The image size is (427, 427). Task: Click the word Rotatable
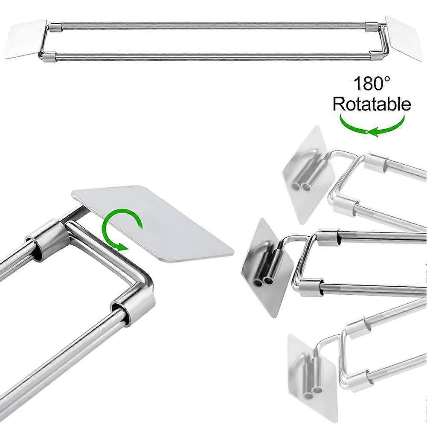[372, 104]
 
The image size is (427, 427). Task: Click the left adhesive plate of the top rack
[26, 39]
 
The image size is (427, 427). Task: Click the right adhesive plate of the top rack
[404, 38]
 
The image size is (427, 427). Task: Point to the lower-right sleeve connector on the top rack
[377, 55]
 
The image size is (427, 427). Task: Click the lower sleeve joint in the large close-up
[133, 305]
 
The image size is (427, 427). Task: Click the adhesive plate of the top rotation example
[308, 175]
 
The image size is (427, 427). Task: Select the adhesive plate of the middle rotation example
[267, 268]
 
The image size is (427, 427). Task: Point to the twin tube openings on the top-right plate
[300, 187]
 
